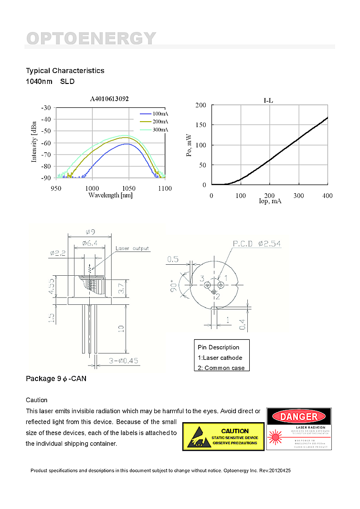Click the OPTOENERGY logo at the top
click(91, 38)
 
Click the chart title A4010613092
click(109, 99)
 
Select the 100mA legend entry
click(160, 114)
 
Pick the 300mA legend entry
click(160, 130)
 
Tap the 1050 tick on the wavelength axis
click(128, 188)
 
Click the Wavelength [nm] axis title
click(110, 195)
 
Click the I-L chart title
click(269, 101)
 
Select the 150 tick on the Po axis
click(201, 125)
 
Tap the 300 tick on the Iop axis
click(298, 196)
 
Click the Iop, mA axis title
click(270, 201)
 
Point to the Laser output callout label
click(132, 248)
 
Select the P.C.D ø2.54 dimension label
click(257, 244)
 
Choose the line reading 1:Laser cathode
click(220, 358)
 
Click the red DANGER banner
click(298, 417)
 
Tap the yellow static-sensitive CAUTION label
click(223, 436)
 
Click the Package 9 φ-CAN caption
click(56, 379)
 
